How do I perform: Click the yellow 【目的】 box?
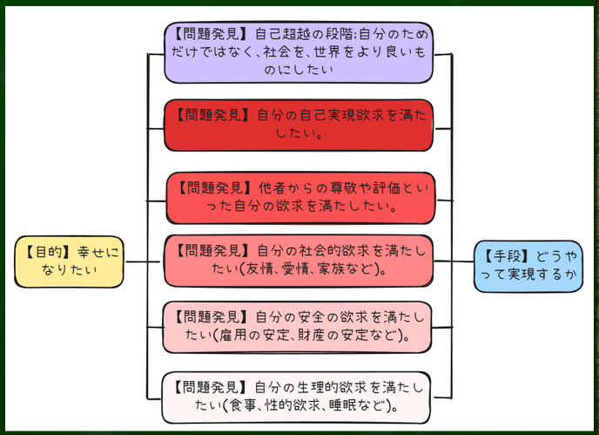[69, 262]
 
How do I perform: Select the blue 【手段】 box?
[528, 266]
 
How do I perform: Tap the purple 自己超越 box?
[299, 52]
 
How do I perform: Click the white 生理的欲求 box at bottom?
[296, 398]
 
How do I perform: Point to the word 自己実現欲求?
[342, 115]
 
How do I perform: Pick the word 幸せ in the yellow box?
[91, 253]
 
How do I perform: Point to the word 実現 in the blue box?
[521, 274]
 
